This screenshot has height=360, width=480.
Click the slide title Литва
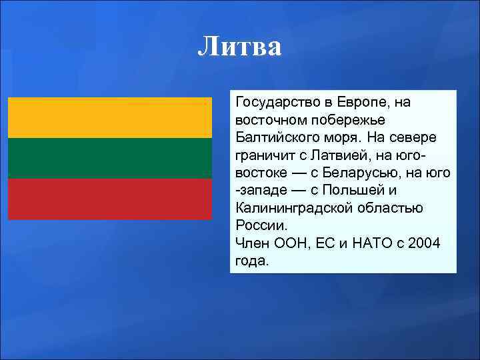pyautogui.click(x=240, y=47)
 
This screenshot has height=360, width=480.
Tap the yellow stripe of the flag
pyautogui.click(x=110, y=117)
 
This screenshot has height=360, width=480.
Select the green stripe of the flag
pyautogui.click(x=110, y=158)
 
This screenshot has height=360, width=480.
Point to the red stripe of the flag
pyautogui.click(x=110, y=199)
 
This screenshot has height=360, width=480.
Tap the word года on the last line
pyautogui.click(x=250, y=260)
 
